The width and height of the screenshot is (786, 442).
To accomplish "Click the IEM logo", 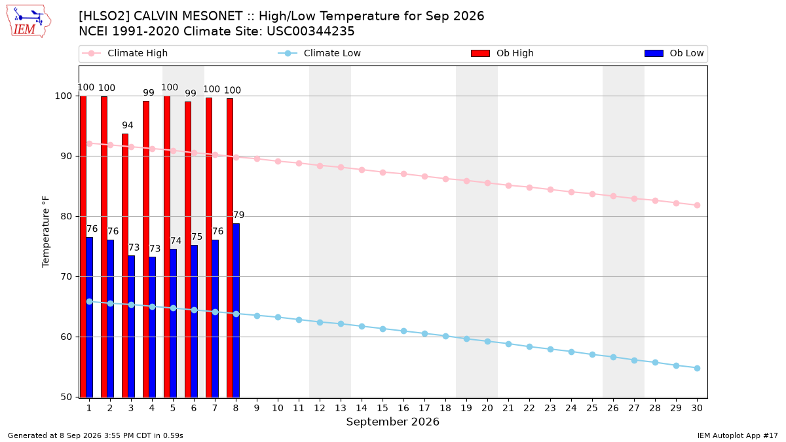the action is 29,22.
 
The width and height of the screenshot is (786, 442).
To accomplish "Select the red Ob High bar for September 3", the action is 125,266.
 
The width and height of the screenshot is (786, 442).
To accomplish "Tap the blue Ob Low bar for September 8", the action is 236,310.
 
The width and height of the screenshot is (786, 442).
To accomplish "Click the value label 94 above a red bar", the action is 128,125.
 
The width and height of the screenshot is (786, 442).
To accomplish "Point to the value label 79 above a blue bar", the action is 238,215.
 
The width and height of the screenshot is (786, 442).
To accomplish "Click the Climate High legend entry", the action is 125,53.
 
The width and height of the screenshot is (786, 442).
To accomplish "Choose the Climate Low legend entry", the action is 320,53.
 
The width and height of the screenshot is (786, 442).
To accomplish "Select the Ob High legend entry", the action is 502,53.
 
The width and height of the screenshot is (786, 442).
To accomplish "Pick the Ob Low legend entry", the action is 674,53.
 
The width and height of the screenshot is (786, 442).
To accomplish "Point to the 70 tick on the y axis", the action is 66,277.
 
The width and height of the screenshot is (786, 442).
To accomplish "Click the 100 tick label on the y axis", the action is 63,96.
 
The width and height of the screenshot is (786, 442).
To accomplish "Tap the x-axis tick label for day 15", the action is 383,408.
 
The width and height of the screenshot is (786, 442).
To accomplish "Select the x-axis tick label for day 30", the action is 697,408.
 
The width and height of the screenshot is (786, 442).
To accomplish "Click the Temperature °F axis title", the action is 46,232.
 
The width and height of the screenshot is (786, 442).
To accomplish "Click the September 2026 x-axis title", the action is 392,422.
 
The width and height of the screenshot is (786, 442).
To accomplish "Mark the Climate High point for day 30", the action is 697,205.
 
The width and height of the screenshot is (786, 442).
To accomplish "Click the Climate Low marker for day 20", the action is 487,341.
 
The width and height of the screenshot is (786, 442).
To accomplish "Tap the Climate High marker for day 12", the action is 320,166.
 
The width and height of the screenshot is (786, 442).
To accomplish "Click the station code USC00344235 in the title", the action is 310,31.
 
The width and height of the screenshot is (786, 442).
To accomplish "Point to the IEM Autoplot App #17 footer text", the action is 738,435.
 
